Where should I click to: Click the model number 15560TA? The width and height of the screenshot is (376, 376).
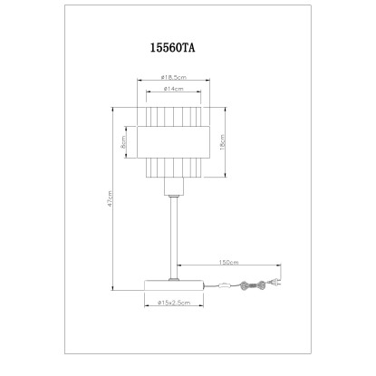172,48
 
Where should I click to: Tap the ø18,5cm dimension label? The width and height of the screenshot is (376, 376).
174,77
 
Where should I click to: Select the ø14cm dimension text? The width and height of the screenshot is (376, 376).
174,89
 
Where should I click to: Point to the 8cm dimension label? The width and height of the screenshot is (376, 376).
123,142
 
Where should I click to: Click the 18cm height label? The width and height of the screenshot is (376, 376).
223,142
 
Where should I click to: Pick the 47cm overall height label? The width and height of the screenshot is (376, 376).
110,198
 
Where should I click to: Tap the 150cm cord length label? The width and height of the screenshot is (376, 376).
228,262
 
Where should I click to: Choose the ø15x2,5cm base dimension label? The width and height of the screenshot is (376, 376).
174,303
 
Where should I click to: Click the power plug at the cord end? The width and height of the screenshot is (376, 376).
275,283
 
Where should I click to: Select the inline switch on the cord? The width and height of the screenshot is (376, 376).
226,284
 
